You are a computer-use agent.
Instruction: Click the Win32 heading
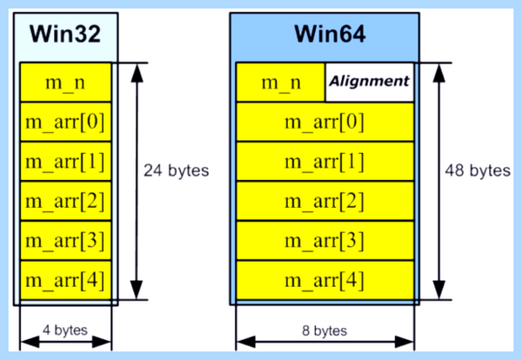[x=65, y=34]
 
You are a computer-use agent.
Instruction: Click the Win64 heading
[x=330, y=34]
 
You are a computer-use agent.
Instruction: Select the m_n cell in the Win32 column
[x=65, y=83]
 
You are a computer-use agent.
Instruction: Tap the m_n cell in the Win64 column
[x=280, y=83]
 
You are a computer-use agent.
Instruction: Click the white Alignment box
[x=370, y=83]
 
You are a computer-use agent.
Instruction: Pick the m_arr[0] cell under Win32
[x=65, y=122]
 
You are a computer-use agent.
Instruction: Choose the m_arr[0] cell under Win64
[x=325, y=122]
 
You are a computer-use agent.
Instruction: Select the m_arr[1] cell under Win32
[x=65, y=162]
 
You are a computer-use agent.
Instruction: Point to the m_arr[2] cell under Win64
[x=325, y=201]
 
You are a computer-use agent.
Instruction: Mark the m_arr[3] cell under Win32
[x=65, y=241]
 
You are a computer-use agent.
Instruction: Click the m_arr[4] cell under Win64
[x=325, y=280]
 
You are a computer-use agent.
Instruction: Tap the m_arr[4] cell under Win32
[x=65, y=280]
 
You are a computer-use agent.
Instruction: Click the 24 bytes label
[x=176, y=170]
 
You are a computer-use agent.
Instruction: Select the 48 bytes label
[x=478, y=170]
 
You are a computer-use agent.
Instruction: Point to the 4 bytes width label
[x=65, y=330]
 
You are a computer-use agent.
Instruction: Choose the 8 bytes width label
[x=325, y=330]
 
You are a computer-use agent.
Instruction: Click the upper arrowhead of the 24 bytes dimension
[x=137, y=73]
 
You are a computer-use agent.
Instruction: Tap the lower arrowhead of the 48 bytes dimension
[x=439, y=290]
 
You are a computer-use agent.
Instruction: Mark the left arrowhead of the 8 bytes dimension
[x=245, y=342]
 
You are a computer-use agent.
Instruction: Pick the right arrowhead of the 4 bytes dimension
[x=102, y=342]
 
